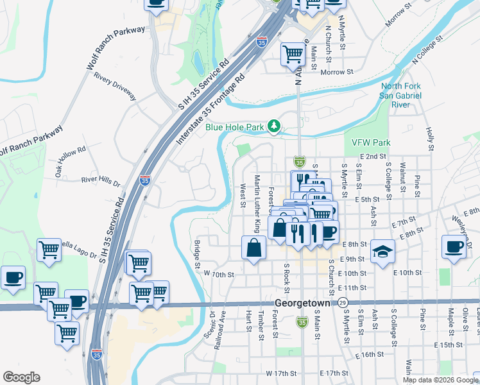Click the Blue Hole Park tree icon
275,126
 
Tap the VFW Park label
371,142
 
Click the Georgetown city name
302,303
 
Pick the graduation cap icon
382,251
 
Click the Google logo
21,377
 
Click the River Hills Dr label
101,182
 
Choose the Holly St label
431,136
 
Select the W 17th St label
283,373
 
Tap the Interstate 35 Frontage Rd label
212,110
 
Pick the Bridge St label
197,255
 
